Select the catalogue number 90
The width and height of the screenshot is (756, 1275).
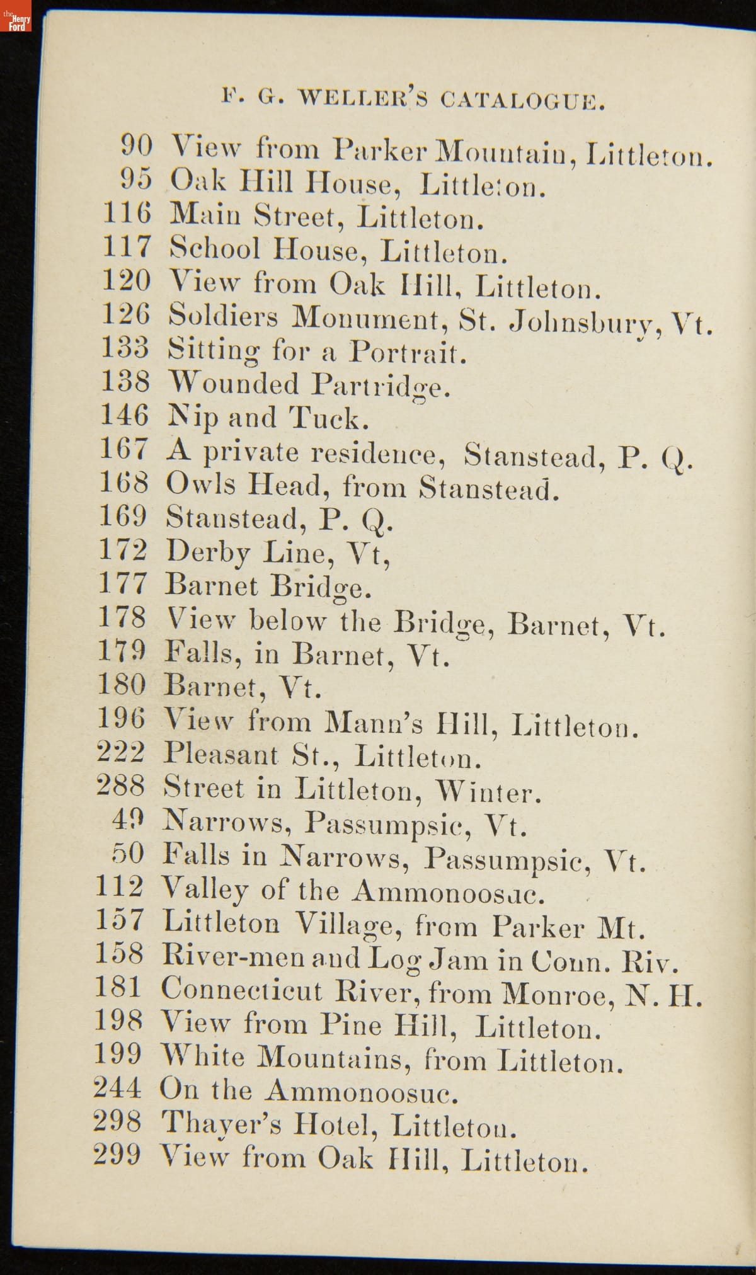(136, 146)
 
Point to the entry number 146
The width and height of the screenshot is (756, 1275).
(125, 416)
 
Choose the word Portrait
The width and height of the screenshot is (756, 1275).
(408, 352)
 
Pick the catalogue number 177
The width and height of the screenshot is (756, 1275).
(123, 583)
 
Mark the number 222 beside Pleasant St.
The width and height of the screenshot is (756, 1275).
(121, 753)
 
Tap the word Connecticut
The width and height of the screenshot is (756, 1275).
(241, 991)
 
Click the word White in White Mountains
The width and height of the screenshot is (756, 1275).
(203, 1057)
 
